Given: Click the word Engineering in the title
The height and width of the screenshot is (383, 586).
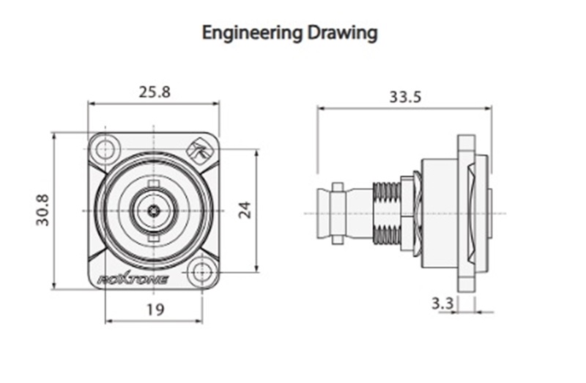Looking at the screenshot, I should [248, 33].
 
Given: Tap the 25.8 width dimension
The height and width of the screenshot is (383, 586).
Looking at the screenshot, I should [154, 92].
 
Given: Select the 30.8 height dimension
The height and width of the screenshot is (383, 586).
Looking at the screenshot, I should [42, 210].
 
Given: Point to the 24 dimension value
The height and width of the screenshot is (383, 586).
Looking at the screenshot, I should [245, 210].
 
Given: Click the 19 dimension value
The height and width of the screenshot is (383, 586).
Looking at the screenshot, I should [154, 310].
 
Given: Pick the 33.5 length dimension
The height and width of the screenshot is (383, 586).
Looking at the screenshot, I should [405, 96].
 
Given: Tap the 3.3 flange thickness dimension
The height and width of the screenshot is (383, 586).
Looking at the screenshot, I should [441, 302].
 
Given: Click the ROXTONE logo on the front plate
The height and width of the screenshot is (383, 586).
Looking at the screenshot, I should [133, 279].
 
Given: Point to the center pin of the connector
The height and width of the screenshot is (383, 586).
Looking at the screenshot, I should [153, 211].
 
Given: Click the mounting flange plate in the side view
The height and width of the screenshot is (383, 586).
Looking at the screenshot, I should [464, 213].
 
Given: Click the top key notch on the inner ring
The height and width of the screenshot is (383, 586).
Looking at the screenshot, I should [153, 183].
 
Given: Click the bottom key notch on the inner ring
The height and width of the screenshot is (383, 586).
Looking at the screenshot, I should [153, 238].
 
